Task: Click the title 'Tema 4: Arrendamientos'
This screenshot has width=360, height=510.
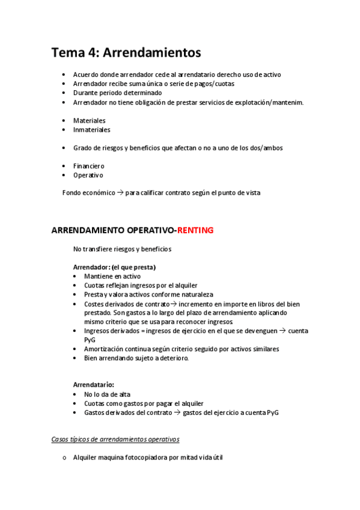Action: [126, 52]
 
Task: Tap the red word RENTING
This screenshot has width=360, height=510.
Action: [195, 230]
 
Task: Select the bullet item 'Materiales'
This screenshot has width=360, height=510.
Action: [89, 120]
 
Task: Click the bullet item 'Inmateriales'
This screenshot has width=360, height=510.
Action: [91, 129]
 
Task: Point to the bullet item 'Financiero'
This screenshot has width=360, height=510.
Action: [88, 166]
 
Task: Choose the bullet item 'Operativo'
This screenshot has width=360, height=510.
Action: [88, 175]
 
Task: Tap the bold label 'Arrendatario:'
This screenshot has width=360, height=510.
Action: [93, 384]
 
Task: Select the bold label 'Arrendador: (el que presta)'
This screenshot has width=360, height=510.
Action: [114, 266]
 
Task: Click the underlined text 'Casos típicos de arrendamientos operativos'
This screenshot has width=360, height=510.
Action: [115, 439]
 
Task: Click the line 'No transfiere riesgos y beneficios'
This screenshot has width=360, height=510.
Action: [122, 248]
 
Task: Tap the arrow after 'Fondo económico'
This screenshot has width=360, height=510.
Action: [120, 192]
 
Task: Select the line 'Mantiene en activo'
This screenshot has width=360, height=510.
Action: [112, 276]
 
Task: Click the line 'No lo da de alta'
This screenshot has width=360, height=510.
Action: [107, 394]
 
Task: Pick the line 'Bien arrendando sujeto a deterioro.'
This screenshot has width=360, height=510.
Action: [136, 358]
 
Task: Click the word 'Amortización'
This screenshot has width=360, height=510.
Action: [105, 349]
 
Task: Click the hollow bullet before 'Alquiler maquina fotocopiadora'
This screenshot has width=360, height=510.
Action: [64, 458]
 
